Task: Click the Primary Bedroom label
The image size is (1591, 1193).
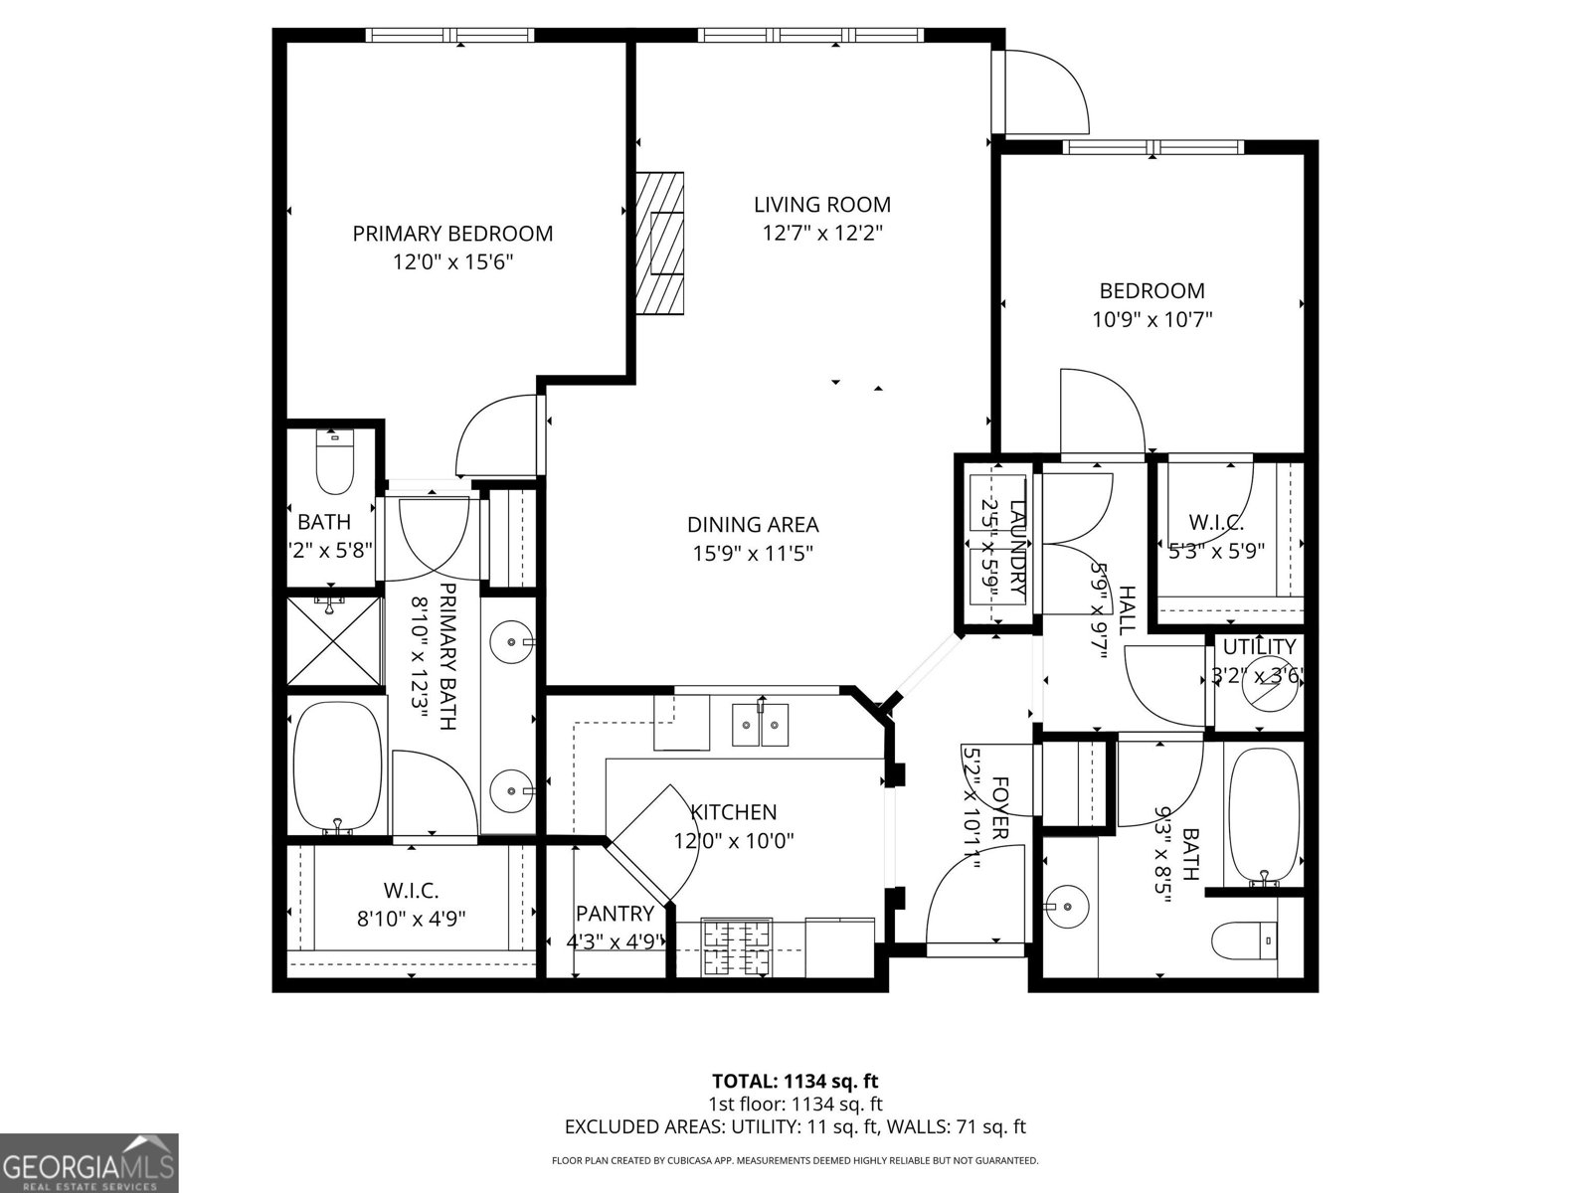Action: (452, 234)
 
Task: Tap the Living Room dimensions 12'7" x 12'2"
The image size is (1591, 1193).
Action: (822, 234)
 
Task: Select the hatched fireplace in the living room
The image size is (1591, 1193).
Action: (660, 243)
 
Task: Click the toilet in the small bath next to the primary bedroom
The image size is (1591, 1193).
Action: (335, 464)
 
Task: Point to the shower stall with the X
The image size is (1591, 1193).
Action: (334, 641)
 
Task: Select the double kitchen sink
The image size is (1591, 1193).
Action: (761, 725)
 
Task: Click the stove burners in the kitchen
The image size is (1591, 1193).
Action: (737, 947)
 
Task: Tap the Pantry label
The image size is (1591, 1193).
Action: (615, 914)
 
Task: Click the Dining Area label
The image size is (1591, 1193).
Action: (753, 525)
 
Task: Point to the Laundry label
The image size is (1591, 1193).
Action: (1017, 549)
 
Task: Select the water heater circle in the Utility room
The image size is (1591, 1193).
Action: (1272, 683)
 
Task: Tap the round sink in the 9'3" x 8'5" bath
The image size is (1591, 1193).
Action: (1067, 907)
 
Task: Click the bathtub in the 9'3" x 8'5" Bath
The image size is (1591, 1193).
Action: (1264, 815)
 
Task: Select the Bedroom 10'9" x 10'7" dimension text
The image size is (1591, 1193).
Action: (1151, 320)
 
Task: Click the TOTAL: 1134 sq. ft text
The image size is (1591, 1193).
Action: (795, 1081)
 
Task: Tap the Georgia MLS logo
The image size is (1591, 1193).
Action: (89, 1163)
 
